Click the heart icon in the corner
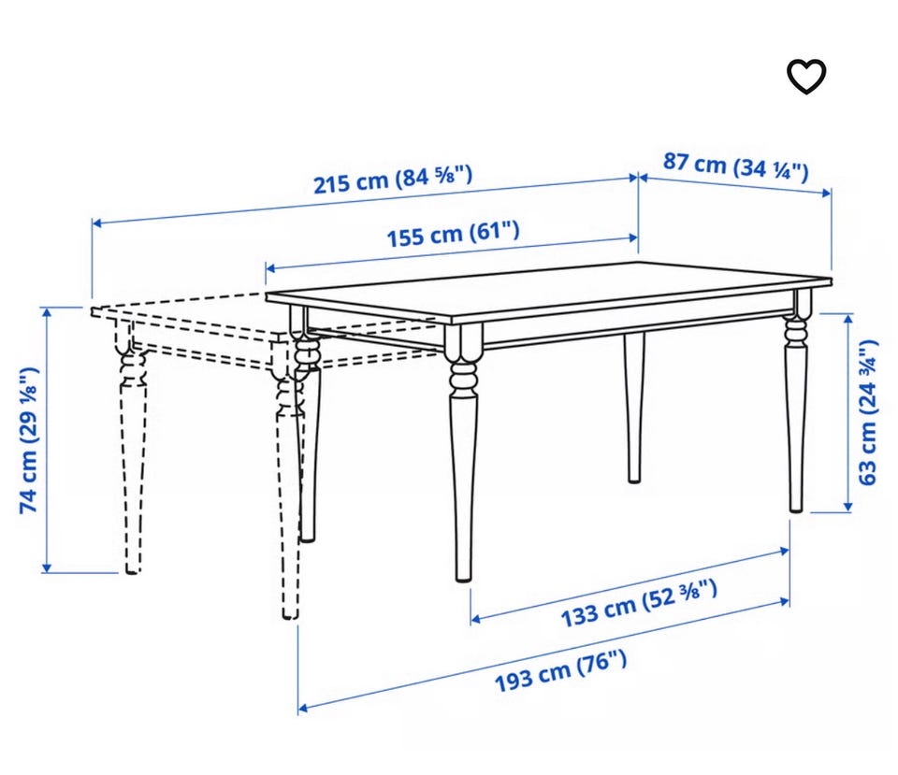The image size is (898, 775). tap(805, 77)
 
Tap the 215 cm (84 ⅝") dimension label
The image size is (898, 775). tap(393, 179)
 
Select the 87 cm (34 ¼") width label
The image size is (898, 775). tap(736, 166)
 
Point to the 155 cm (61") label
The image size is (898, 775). tap(454, 234)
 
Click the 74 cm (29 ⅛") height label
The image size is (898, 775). tap(29, 440)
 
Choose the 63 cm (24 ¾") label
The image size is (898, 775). tap(868, 412)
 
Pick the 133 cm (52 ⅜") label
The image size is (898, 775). tap(639, 603)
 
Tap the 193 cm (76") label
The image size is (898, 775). tap(560, 671)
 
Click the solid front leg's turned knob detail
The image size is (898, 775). tap(463, 378)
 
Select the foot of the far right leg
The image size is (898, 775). tap(796, 506)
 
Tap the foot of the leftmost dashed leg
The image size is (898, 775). tap(132, 567)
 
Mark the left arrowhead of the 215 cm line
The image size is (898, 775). tap(96, 222)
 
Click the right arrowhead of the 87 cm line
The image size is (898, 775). tap(826, 193)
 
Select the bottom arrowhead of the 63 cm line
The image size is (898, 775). tap(848, 507)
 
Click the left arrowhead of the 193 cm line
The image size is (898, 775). tap(303, 709)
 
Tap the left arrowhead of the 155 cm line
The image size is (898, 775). tap(270, 267)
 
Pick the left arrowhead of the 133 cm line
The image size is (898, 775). tap(475, 619)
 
